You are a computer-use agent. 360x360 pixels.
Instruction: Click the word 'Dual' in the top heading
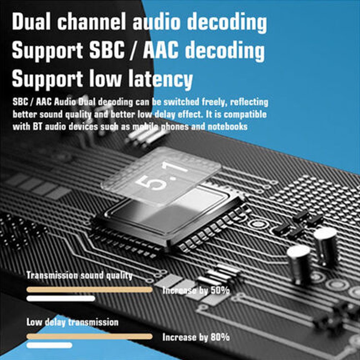(31, 21)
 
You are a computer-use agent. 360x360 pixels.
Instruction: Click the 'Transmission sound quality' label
(80, 275)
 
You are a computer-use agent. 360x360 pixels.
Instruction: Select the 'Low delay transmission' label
(72, 322)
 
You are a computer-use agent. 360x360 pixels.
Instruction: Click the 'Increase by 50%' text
(196, 291)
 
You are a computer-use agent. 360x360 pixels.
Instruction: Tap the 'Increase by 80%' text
(196, 337)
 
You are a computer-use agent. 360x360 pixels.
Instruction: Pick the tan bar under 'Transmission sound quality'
(90, 290)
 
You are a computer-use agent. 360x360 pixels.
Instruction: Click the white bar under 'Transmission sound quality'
(61, 298)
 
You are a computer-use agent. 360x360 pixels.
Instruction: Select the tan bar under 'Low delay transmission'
(90, 337)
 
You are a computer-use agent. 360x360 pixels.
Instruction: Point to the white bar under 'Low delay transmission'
(49, 345)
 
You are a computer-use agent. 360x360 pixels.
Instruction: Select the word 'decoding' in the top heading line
(227, 22)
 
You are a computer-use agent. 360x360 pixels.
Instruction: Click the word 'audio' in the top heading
(157, 21)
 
